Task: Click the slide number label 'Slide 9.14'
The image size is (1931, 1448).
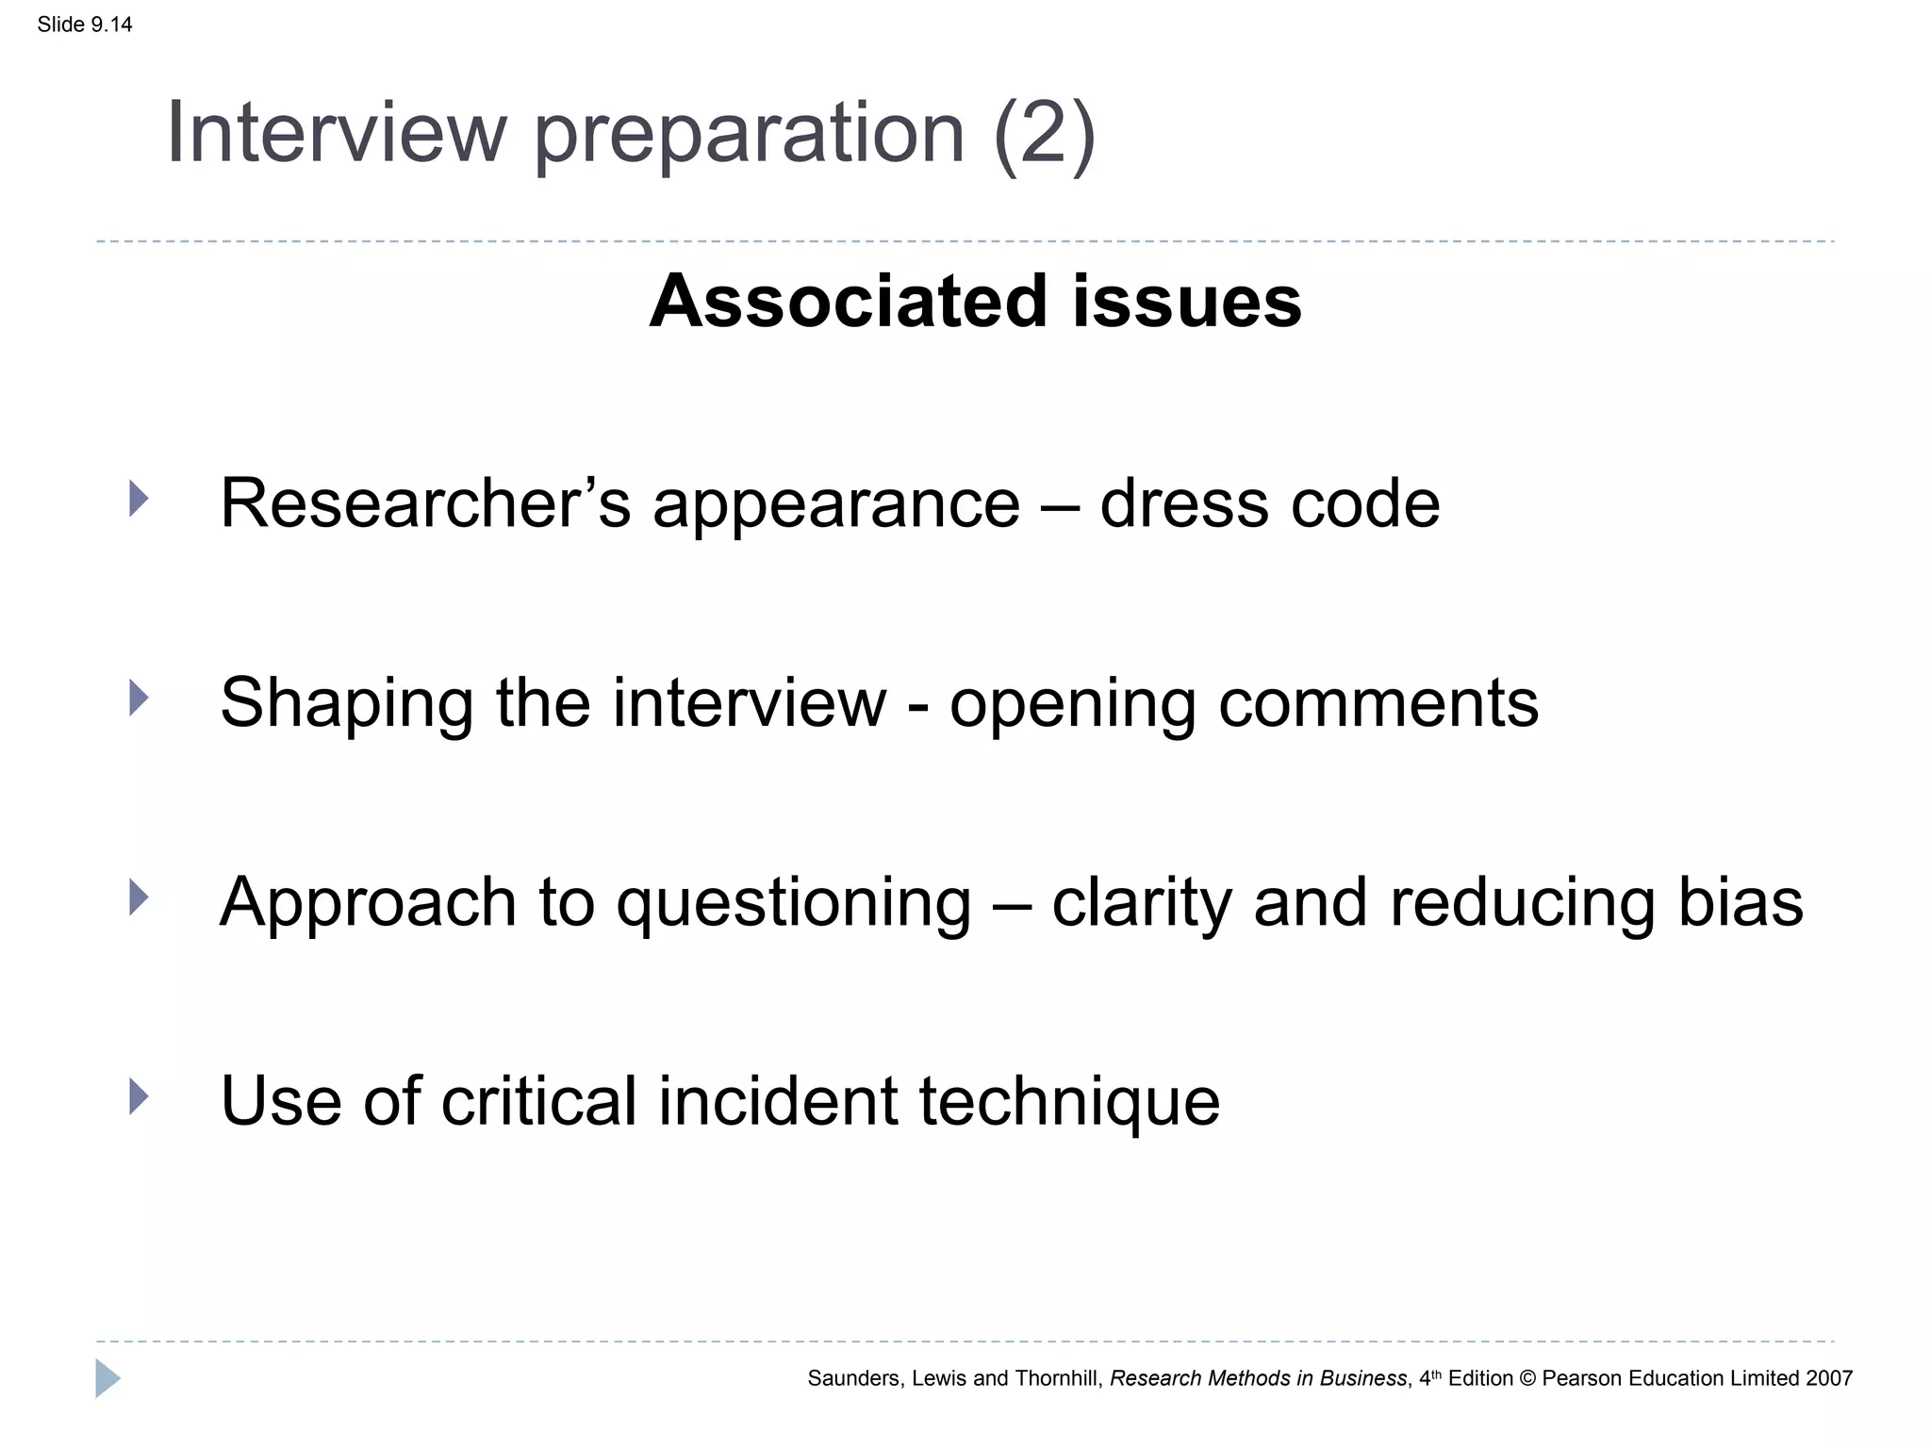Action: coord(85,25)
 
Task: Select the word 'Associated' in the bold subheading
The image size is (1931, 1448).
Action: coord(848,302)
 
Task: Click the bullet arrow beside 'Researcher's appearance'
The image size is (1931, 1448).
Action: coord(139,499)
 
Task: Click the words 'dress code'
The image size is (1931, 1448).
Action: coord(1269,503)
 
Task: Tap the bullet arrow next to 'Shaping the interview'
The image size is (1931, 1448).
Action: coord(139,699)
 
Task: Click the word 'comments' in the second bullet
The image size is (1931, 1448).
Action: coord(1378,703)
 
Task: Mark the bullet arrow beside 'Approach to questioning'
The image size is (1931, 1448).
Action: coord(139,897)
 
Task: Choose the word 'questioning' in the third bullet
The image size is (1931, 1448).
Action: coord(793,903)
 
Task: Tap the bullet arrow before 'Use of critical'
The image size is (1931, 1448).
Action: coord(139,1096)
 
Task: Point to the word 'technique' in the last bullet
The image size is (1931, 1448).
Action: coord(1069,1101)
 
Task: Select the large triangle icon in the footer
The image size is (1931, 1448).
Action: coord(107,1378)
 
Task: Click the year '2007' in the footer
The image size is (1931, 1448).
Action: coord(1828,1378)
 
